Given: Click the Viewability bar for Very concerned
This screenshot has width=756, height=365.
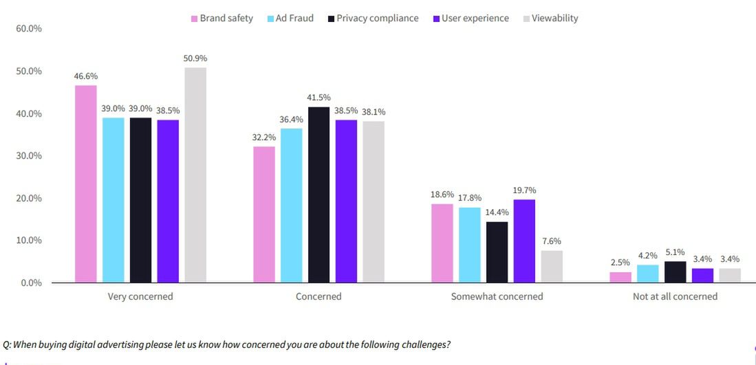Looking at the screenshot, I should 195,175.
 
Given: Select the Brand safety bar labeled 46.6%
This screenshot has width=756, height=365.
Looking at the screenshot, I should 86,184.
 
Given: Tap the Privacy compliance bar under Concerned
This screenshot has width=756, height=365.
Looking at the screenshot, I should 318,195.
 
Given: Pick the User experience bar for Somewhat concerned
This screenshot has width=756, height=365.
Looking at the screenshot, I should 524,241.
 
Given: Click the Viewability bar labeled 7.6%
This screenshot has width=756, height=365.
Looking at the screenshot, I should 552,266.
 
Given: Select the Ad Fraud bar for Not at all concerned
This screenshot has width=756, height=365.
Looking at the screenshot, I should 647,274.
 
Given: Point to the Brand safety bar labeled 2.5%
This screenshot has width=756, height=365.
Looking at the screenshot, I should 620,277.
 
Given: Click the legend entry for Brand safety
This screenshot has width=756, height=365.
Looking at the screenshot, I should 222,19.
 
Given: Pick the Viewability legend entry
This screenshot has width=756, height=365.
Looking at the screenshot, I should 550,19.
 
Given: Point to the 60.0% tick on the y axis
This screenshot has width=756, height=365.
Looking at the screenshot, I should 28,29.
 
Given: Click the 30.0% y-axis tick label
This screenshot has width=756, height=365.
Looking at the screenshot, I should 28,156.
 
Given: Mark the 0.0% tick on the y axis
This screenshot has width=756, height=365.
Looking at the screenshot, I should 30,283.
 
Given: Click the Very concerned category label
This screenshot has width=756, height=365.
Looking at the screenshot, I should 140,297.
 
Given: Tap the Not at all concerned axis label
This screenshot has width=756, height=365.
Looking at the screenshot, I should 675,297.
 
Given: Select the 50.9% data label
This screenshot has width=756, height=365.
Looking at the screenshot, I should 195,58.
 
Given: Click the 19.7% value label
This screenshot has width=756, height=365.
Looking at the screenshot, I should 524,190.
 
